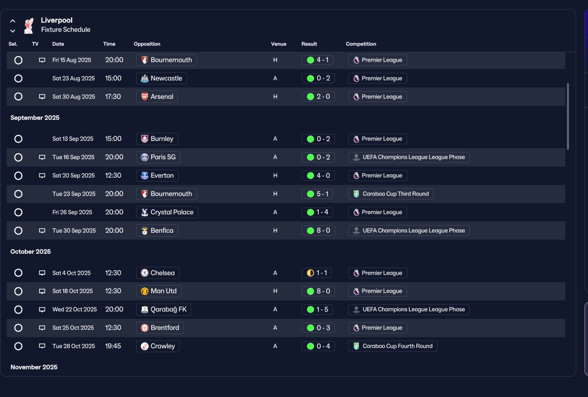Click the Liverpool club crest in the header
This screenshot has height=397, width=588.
tap(28, 26)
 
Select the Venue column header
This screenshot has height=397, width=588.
tap(278, 44)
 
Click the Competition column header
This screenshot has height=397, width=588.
tap(361, 44)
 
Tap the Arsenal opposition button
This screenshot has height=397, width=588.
tap(157, 96)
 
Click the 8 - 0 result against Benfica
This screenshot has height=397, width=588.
tap(318, 230)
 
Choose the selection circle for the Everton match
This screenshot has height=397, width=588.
tap(18, 175)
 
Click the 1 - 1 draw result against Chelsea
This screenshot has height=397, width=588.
tap(317, 273)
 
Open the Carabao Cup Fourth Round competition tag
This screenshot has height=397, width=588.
tap(393, 346)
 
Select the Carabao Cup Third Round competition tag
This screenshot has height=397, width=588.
tap(390, 194)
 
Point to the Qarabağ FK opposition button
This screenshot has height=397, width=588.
tap(164, 309)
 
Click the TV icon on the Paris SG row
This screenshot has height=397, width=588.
tap(42, 157)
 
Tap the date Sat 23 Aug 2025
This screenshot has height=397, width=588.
tap(73, 78)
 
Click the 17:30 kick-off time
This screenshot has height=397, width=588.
tap(113, 96)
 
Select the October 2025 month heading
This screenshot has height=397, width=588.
tap(30, 252)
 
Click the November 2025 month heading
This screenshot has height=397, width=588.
tap(34, 367)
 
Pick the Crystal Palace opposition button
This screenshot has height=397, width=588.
tap(167, 212)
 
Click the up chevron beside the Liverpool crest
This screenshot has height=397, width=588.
tap(12, 21)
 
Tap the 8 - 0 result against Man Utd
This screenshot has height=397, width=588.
tap(318, 291)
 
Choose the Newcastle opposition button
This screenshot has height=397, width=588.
tap(161, 78)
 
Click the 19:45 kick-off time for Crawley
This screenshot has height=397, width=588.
tap(113, 346)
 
